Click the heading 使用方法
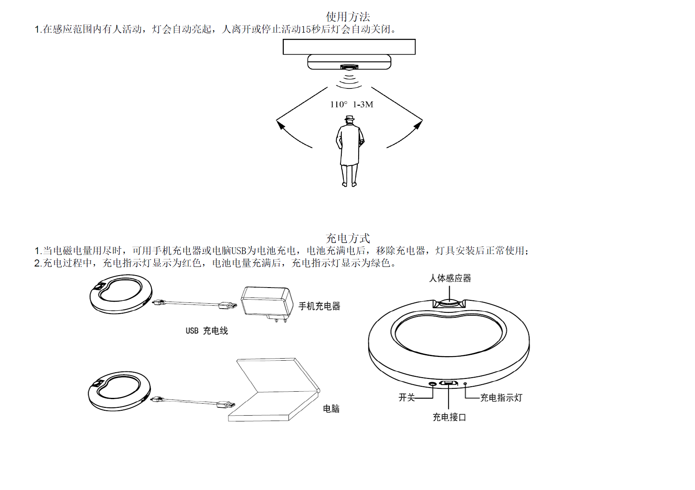tap(347, 17)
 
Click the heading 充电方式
tap(347, 238)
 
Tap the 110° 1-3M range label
tap(352, 105)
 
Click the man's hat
tap(350, 119)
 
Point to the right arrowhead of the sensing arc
tap(419, 124)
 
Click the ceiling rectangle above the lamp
tap(349, 47)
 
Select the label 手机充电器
tap(319, 306)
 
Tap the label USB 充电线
tap(206, 331)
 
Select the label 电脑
tap(331, 409)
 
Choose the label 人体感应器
tap(450, 278)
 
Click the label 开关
tap(406, 397)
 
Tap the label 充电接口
tap(449, 417)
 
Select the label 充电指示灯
tap(501, 398)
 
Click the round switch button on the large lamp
tap(433, 384)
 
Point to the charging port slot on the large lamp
tap(448, 383)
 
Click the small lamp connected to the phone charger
tap(121, 294)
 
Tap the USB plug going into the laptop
tap(226, 404)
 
